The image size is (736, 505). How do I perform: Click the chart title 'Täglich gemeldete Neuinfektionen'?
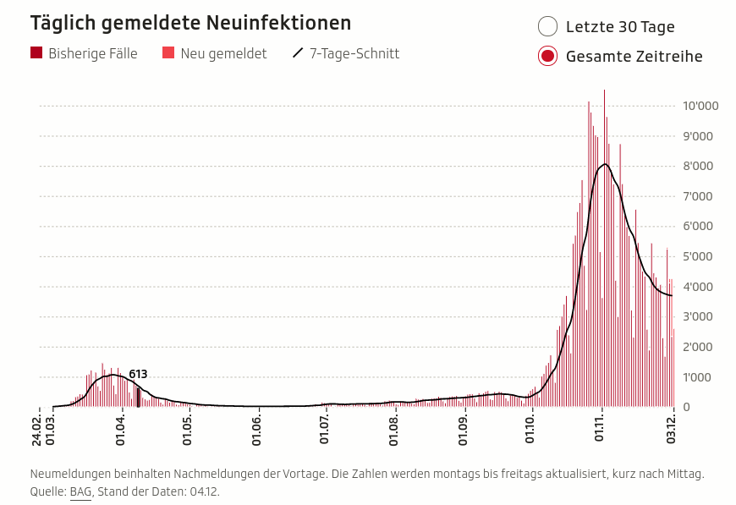190,24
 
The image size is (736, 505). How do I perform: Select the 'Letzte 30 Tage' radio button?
547,26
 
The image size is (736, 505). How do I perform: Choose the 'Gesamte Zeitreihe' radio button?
547,57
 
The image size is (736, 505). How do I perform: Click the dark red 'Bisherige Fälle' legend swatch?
36,53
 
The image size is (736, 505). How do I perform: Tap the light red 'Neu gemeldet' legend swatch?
168,53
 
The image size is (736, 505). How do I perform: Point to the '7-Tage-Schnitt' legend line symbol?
298,53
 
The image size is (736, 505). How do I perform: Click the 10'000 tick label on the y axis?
700,106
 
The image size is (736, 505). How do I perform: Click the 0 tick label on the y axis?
686,407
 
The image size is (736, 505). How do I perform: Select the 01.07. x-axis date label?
325,429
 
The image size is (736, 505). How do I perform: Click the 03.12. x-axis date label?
673,429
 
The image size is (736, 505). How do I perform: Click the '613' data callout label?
138,374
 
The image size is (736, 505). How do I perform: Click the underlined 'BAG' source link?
80,491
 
